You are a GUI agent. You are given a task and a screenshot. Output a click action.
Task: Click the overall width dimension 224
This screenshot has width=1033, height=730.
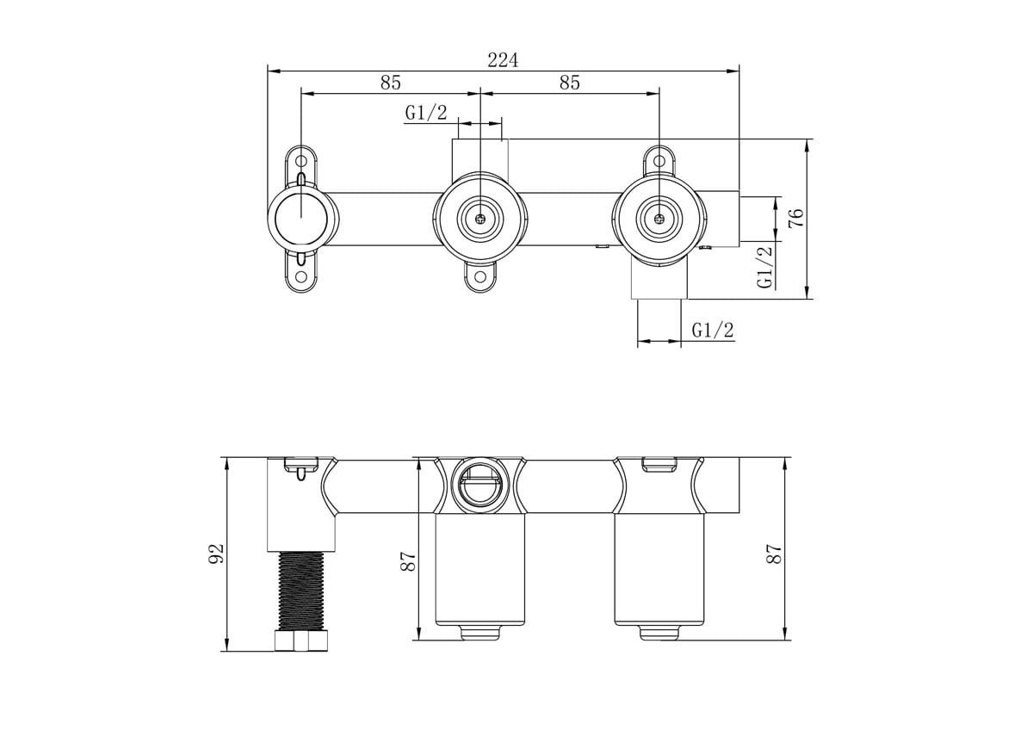click(503, 59)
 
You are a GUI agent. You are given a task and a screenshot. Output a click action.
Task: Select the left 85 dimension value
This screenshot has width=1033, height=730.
click(390, 83)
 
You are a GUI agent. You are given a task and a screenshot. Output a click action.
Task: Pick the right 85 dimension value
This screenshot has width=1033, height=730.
click(569, 83)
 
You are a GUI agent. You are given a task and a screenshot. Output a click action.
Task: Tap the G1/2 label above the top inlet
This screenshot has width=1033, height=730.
click(426, 112)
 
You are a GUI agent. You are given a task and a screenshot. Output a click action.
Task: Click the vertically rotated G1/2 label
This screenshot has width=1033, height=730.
click(764, 266)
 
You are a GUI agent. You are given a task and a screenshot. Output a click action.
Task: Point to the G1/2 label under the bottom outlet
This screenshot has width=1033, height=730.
click(713, 330)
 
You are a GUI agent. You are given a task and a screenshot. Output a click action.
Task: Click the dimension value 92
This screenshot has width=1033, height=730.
click(216, 554)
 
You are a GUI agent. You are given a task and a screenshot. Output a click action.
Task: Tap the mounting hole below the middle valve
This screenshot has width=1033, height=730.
click(479, 277)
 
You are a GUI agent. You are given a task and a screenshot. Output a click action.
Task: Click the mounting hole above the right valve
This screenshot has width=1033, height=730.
click(659, 159)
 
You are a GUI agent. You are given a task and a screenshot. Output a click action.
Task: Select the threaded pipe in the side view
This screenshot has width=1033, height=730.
click(300, 591)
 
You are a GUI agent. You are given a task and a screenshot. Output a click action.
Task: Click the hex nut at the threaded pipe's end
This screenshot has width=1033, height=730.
click(300, 642)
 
